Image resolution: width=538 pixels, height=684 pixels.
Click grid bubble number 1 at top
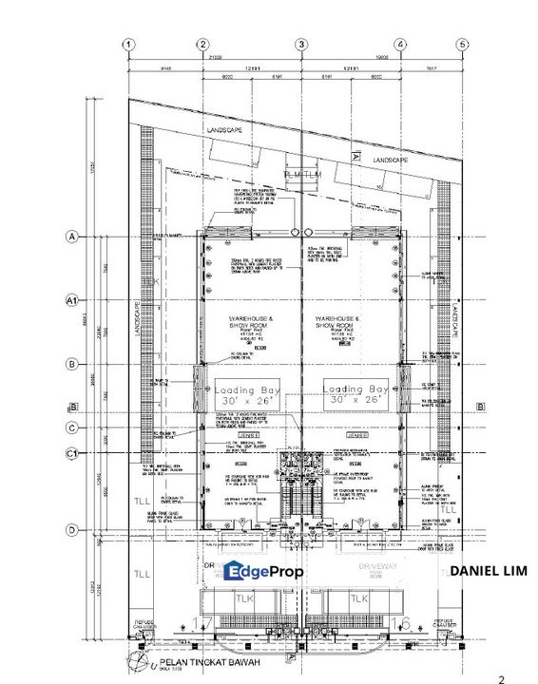pos(129,44)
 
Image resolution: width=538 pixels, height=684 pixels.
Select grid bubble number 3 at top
pos(300,44)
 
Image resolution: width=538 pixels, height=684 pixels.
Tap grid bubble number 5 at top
pos(462,44)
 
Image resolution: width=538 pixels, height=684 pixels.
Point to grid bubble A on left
pos(70,237)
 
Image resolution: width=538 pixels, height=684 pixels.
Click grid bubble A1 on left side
pos(70,300)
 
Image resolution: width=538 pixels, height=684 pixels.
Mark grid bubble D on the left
pos(70,529)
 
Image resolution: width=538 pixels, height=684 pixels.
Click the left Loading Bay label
pos(247,395)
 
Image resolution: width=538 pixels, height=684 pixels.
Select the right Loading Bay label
pos(355,395)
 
